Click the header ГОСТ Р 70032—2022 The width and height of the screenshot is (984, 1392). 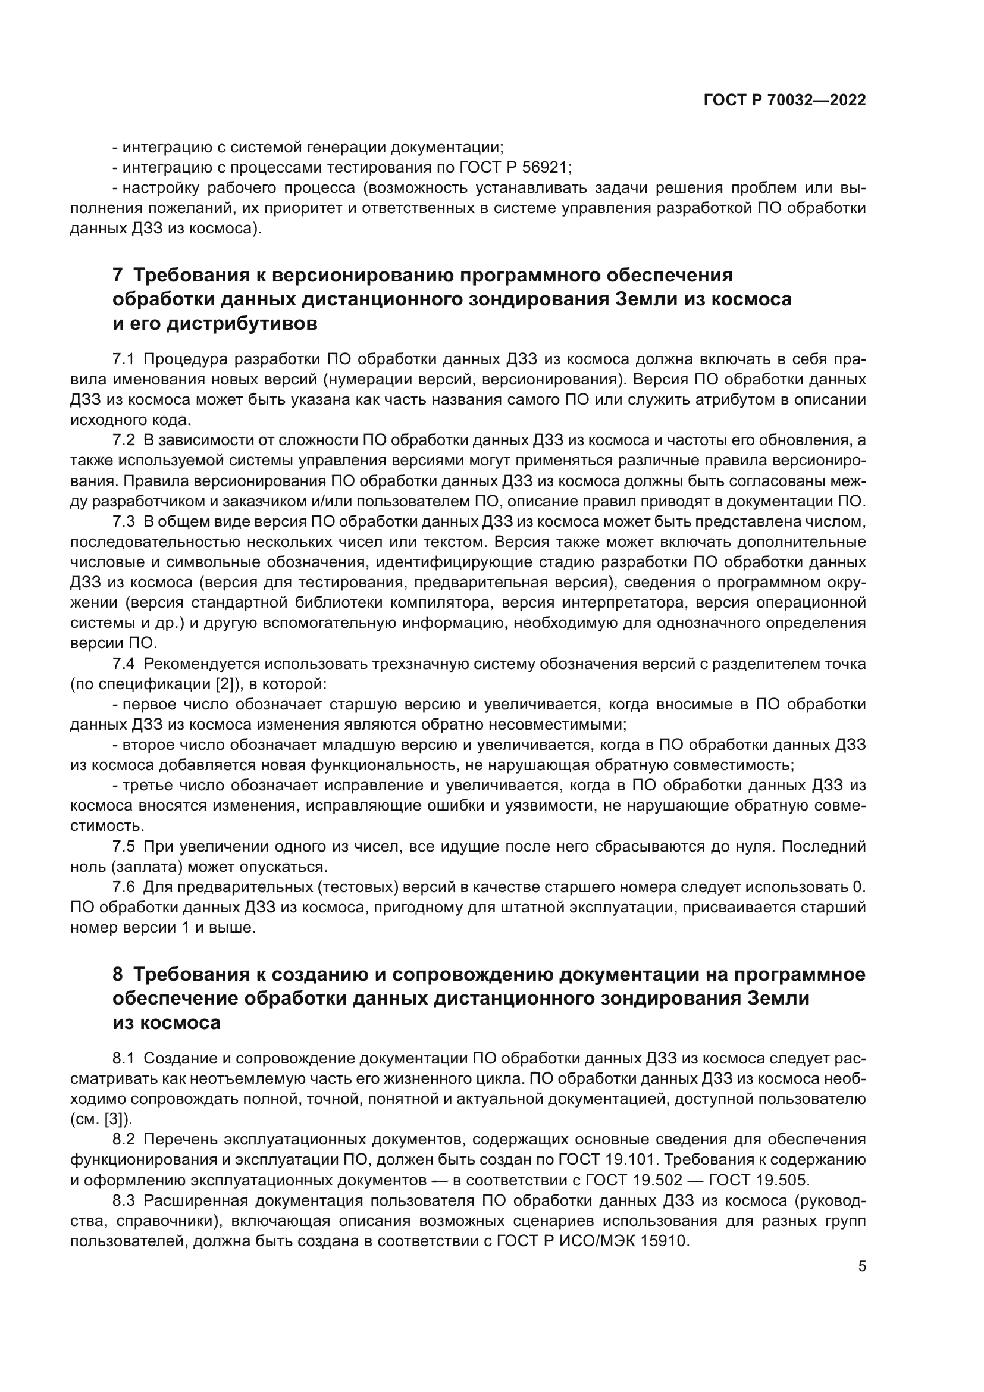click(x=785, y=101)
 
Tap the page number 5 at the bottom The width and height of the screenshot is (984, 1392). click(x=862, y=1266)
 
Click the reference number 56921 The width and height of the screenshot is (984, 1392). click(x=544, y=167)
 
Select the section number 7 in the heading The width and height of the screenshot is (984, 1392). click(x=118, y=276)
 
